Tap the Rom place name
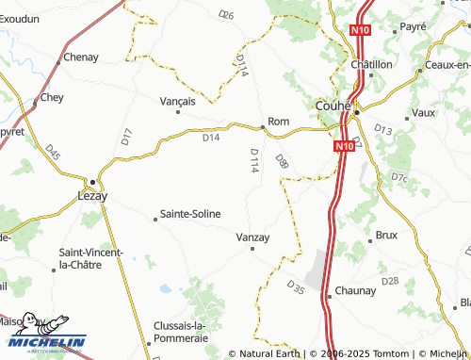coord(278,122)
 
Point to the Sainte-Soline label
coord(190,214)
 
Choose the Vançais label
coord(178,101)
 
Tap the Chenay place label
coord(81,57)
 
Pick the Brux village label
coord(387,234)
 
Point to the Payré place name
coord(414,27)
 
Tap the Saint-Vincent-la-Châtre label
coord(96,258)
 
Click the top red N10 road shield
coord(358,31)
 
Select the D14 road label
coord(211,138)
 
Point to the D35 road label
coord(295,286)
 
